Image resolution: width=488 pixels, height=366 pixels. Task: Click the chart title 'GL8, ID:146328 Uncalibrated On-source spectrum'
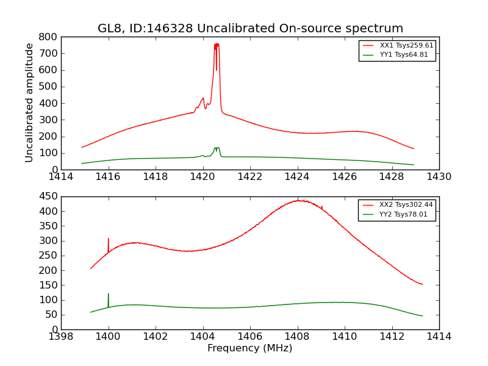[x=250, y=29]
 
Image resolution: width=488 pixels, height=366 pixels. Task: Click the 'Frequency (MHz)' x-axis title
[x=250, y=348]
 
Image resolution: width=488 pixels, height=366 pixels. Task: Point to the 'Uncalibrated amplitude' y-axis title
[x=29, y=102]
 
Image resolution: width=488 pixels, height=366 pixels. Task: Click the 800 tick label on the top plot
[x=48, y=37]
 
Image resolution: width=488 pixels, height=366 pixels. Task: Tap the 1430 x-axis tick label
[x=439, y=177]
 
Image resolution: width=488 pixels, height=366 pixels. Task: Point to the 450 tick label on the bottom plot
[x=48, y=196]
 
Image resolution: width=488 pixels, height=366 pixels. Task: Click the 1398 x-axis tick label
[x=61, y=337]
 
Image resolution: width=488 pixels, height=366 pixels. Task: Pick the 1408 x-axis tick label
[x=297, y=337]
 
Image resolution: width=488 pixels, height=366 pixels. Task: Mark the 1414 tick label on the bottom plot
[x=439, y=337]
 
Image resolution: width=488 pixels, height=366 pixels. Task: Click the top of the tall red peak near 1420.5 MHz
[x=217, y=45]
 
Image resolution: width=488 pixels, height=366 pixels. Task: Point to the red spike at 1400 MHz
[x=109, y=239]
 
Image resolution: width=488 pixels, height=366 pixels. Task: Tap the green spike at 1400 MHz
[x=109, y=294]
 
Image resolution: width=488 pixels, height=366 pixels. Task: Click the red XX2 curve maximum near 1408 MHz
[x=298, y=200]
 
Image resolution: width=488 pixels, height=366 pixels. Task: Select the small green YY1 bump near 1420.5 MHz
[x=217, y=148]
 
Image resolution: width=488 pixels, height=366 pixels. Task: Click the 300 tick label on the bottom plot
[x=48, y=241]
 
